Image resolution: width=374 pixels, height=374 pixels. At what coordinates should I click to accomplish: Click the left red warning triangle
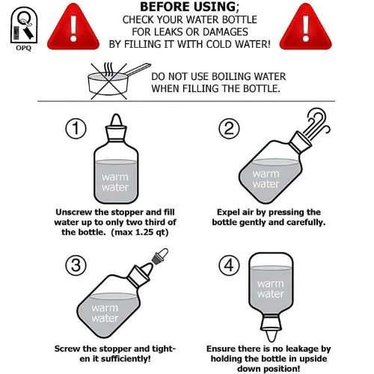[x=73, y=28]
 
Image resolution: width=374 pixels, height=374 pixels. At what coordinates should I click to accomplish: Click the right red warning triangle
[x=306, y=28]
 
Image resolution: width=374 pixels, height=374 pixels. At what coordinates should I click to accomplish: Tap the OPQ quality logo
[x=23, y=28]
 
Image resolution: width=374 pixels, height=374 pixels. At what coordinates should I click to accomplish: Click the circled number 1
[x=76, y=129]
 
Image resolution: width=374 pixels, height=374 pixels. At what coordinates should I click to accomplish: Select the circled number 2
[x=229, y=129]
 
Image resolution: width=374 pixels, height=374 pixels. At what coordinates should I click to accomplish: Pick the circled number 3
[x=76, y=265]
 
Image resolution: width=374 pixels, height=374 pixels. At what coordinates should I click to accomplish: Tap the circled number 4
[x=229, y=265]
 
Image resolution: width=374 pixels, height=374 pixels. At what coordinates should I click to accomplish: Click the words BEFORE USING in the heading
[x=188, y=7]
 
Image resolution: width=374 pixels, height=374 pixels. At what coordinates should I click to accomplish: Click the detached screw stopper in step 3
[x=160, y=256]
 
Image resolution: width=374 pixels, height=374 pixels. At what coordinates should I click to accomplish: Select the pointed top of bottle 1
[x=116, y=120]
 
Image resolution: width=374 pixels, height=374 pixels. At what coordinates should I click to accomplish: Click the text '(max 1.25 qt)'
[x=140, y=233]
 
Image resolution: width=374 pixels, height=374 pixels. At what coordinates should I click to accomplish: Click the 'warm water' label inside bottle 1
[x=115, y=183]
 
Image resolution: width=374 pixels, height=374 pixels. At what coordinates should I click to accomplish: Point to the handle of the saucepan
[x=138, y=69]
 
